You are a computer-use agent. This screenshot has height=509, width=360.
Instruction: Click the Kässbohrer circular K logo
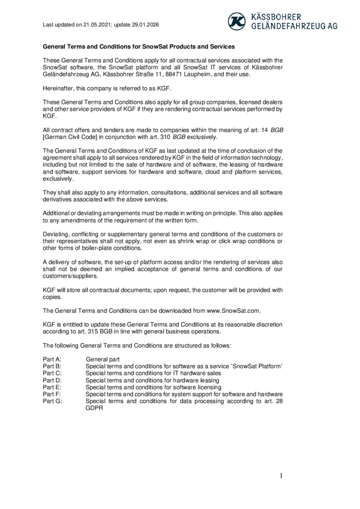236,21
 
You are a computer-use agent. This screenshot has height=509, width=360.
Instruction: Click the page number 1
281,476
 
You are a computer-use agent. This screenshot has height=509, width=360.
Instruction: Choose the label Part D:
52,380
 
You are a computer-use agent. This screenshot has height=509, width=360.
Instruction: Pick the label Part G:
52,401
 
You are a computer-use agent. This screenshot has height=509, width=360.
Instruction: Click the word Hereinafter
61,88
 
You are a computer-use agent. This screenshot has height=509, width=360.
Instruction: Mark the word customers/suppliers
70,276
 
